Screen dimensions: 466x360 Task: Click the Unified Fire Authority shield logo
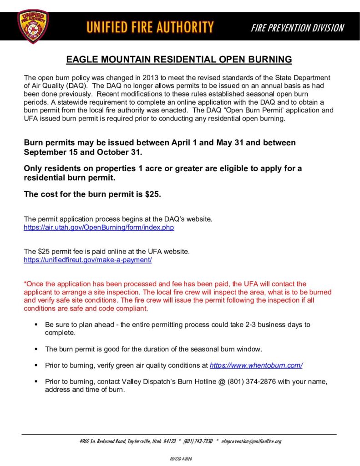33,27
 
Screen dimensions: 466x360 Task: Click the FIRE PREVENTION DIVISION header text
297,28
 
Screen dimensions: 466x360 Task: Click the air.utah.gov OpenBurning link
99,227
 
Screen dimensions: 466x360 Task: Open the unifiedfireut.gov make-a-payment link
87,259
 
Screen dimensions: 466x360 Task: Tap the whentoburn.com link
256,365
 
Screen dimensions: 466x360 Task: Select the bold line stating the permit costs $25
92,194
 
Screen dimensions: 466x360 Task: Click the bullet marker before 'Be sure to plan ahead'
35,325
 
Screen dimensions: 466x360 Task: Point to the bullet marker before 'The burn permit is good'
35,349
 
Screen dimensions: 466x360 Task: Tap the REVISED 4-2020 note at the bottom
181,459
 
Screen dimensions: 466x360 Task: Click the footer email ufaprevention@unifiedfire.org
251,441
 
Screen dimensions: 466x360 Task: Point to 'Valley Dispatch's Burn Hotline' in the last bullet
153,381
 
